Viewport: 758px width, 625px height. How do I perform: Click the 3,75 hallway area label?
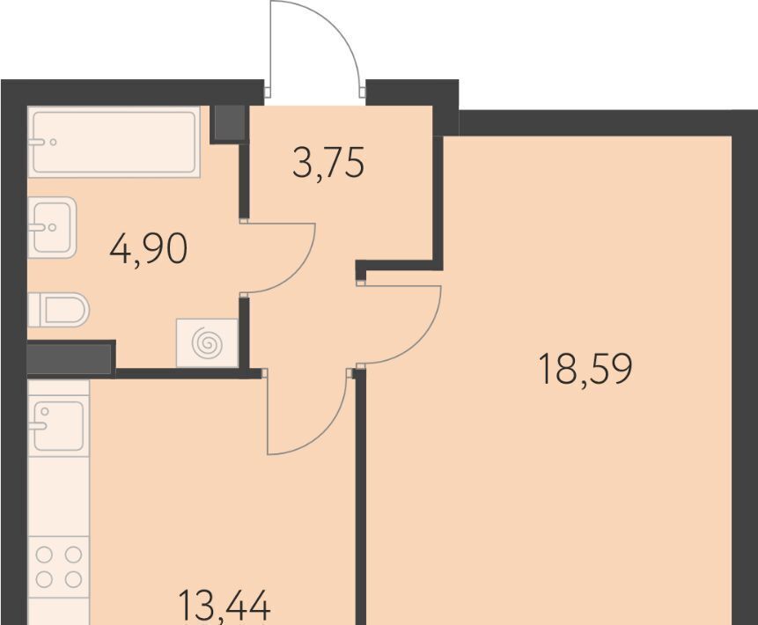coord(328,164)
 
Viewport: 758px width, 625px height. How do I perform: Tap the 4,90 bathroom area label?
coord(149,248)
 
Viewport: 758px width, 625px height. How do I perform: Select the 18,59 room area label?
coord(585,369)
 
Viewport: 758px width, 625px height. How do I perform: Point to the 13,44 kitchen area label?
coord(224,606)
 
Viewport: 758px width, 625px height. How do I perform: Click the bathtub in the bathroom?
coord(114,142)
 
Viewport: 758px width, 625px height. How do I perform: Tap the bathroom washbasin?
coord(52,227)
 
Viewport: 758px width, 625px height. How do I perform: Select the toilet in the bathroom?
coord(58,309)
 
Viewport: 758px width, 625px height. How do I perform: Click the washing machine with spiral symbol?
coord(208,342)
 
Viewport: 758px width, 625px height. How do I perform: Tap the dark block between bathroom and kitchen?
coord(70,358)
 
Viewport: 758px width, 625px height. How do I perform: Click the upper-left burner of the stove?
coord(44,555)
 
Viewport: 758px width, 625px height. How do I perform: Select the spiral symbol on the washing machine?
coord(208,342)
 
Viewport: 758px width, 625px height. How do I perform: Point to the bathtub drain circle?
coord(53,142)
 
